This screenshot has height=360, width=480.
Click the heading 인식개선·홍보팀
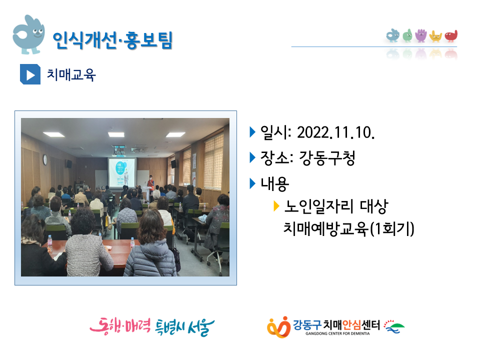pos(112,40)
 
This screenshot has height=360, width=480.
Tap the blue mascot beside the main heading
pos(28,34)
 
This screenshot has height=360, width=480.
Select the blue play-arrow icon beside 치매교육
pos(30,74)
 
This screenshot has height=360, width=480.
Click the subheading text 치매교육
pos(71,74)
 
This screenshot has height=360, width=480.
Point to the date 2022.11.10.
pos(336,132)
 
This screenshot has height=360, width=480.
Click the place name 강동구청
pos(327,158)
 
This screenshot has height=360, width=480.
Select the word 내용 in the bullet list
pos(274,183)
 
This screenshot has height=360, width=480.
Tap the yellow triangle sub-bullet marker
pos(276,206)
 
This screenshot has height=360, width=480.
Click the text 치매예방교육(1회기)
pos(348,228)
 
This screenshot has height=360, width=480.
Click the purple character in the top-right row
pos(421,35)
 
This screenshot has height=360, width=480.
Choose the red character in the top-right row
pos(451,36)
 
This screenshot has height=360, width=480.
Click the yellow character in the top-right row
pos(435,36)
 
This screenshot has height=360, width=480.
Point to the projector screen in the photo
pos(122,172)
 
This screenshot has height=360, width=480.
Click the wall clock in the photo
pos(45,159)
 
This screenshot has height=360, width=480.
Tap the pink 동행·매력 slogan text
pos(120,326)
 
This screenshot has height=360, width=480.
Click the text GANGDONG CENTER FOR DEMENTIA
pos(337,333)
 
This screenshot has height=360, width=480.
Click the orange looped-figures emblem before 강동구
pos(278,327)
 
